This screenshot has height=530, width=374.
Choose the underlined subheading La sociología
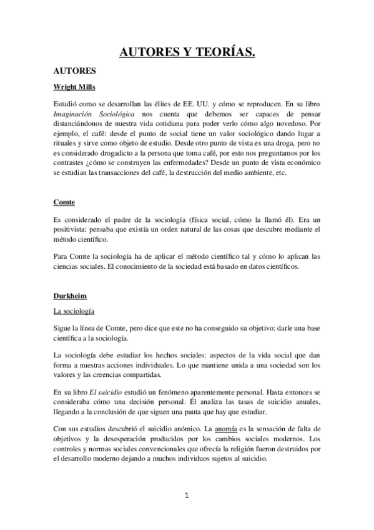pos(74,311)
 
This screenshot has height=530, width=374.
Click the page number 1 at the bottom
pos(186,496)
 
